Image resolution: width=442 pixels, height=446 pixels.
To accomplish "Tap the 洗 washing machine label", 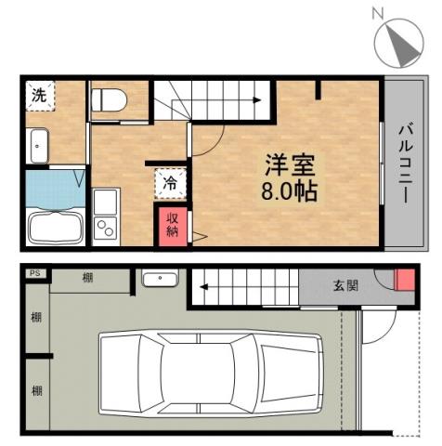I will coord(39,95).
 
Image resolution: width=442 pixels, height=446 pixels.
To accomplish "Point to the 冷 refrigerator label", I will coord(170,182).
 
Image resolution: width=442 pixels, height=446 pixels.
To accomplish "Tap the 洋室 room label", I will coord(292,167).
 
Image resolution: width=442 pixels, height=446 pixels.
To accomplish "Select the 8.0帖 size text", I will coord(292,194).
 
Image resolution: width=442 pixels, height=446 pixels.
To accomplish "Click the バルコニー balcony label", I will coord(406,164).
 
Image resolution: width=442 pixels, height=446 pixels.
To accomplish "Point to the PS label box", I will coord(35,274).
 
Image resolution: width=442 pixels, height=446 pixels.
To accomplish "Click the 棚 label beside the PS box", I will coord(86,277).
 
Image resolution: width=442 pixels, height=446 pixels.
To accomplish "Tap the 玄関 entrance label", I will coord(345,285).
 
